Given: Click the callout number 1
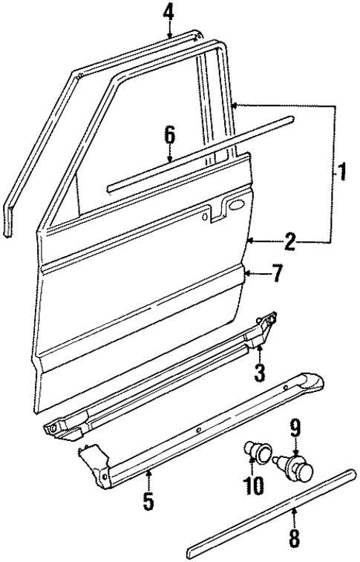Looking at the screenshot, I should click(342, 174).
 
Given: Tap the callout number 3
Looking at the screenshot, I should click(259, 371).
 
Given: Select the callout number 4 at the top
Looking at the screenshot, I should click(169, 12).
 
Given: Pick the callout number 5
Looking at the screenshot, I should click(148, 501).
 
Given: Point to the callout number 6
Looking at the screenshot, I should click(169, 135).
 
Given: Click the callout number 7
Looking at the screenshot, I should click(276, 275).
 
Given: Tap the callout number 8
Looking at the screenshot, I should click(294, 537).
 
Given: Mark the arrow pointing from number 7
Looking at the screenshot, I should click(252, 275).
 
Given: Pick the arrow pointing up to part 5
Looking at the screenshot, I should click(148, 475).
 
